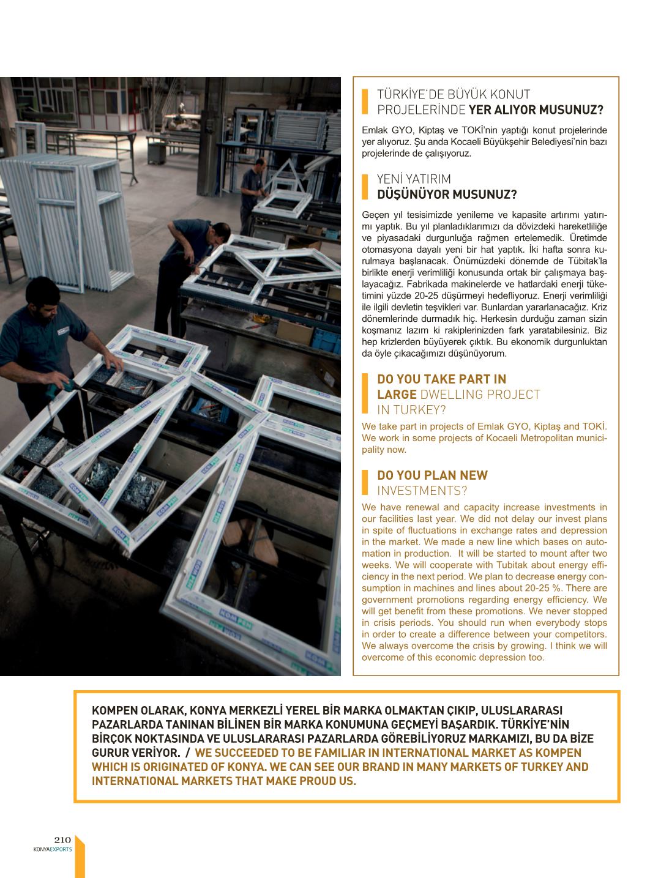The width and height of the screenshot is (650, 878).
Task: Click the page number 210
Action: point(63,840)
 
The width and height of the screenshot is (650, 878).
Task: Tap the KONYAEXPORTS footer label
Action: point(53,849)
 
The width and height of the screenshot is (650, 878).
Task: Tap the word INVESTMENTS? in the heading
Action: point(422,491)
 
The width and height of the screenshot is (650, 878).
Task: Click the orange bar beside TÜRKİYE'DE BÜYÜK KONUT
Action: point(365,102)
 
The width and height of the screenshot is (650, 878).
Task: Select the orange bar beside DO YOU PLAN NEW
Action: point(365,483)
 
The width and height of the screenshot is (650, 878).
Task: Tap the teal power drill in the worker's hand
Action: point(61,387)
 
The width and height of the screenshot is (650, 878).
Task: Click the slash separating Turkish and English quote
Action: point(187,753)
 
